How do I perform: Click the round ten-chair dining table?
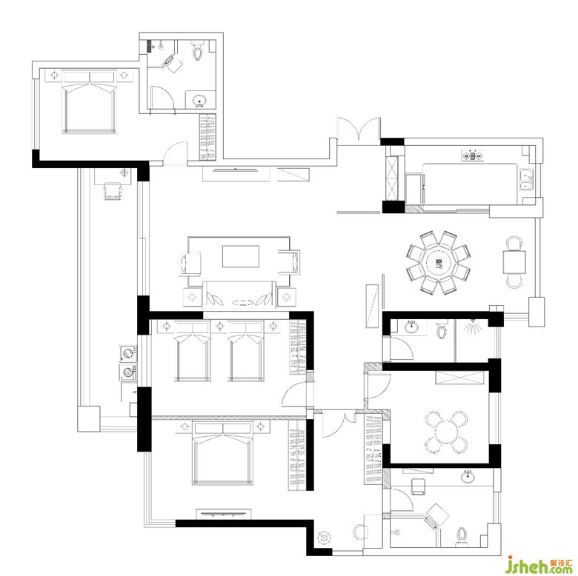[x=438, y=263]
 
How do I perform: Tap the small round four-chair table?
[x=446, y=432]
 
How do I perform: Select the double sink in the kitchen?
[x=526, y=179]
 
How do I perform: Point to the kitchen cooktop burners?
[x=472, y=155]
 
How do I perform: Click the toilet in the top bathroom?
[x=198, y=50]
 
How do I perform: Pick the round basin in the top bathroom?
[x=200, y=100]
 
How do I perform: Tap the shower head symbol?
[x=472, y=327]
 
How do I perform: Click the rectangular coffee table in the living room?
[x=240, y=256]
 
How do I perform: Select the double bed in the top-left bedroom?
[x=89, y=101]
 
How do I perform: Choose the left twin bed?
[x=192, y=352]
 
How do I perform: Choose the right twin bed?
[x=245, y=352]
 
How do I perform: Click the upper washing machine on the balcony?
[x=128, y=353]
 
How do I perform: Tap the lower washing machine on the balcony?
[x=128, y=372]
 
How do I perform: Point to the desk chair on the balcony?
[x=113, y=191]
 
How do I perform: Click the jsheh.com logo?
[x=539, y=564]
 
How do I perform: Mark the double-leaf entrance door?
[x=359, y=129]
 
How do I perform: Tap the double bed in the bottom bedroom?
[x=222, y=453]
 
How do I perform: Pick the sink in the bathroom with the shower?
[x=412, y=326]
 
